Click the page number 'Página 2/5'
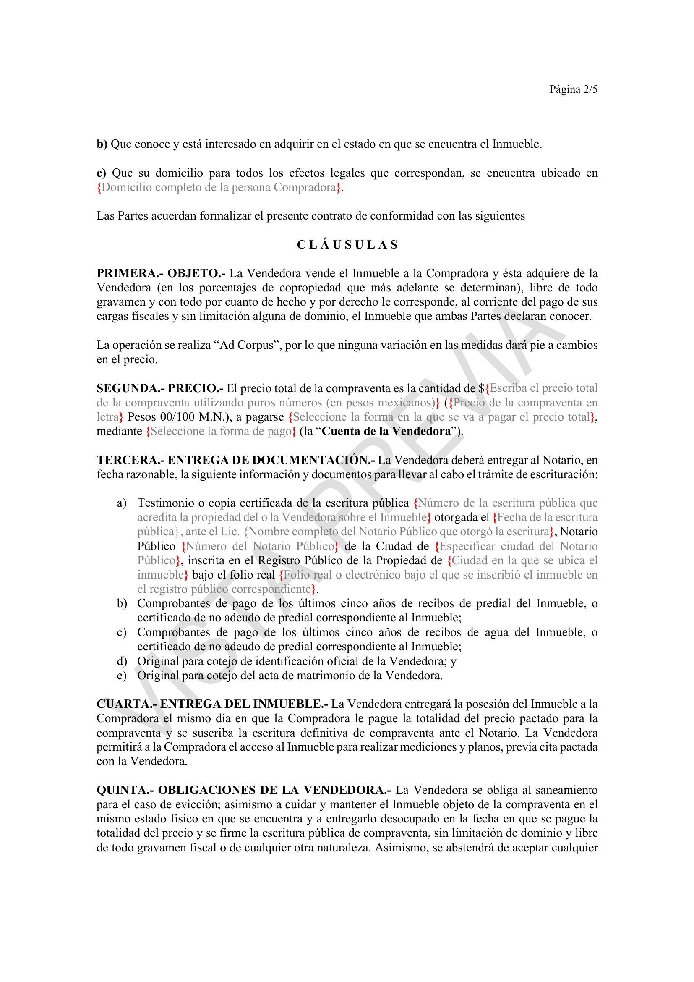573,89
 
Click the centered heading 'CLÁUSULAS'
347,245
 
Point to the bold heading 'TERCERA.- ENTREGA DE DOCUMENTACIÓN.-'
235,460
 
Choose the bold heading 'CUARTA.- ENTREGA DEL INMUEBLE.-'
212,704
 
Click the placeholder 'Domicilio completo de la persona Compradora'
219,187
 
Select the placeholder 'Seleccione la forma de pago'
221,431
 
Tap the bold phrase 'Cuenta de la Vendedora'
386,431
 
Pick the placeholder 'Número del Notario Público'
260,546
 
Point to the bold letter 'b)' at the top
102,144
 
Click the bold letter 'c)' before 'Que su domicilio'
101,173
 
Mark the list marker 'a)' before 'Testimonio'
122,503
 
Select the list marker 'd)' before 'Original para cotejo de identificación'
122,661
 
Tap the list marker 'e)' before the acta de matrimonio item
122,676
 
